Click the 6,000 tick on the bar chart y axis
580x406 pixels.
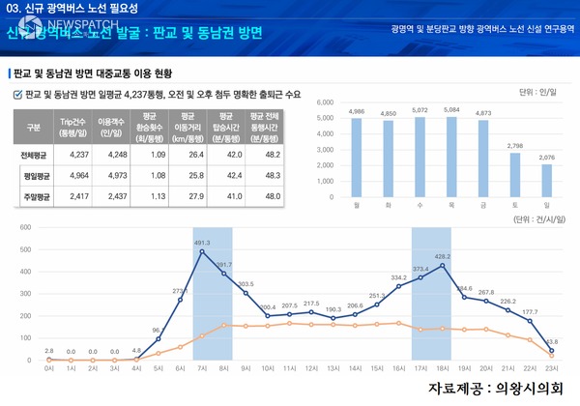pyautogui.click(x=324, y=101)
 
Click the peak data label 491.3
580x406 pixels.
pyautogui.click(x=202, y=243)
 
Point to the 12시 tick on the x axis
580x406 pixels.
pyautogui.click(x=312, y=368)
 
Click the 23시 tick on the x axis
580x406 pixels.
pyautogui.click(x=552, y=368)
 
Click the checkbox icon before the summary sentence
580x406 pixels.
pyautogui.click(x=17, y=94)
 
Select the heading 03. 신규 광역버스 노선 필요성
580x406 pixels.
pyautogui.click(x=72, y=9)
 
